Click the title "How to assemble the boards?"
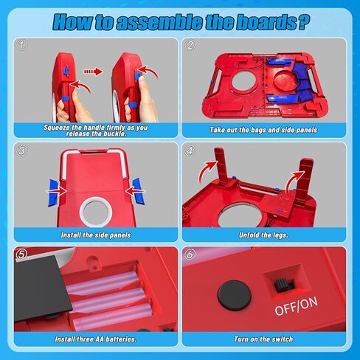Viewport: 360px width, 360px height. (180, 21)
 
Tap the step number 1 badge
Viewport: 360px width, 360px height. (21, 44)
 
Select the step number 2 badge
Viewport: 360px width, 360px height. (191, 44)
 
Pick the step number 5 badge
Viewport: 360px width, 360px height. (21, 254)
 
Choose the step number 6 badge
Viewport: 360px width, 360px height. (191, 254)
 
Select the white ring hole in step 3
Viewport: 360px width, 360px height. (96, 211)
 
